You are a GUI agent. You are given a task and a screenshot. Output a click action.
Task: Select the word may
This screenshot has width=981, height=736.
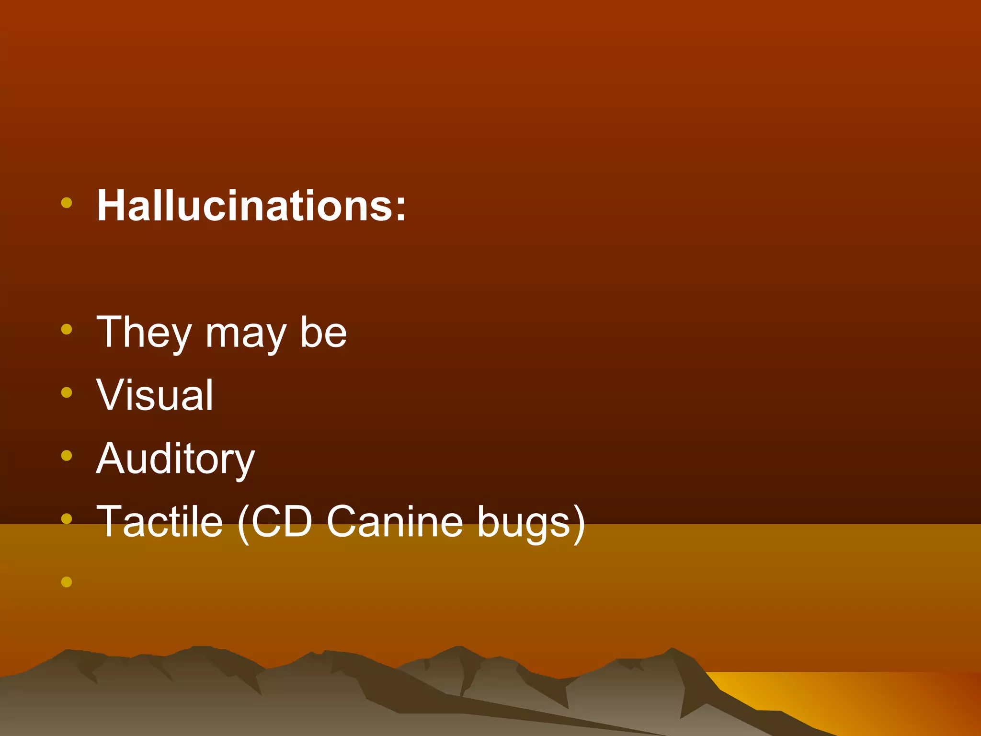245,335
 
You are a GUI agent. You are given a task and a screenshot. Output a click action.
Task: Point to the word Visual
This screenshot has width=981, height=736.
155,395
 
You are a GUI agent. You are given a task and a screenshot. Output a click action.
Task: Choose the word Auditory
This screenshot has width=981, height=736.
175,459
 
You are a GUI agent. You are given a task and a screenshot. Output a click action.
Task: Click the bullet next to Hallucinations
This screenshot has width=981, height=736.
67,203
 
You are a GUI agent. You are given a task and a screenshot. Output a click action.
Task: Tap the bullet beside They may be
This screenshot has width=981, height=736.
67,329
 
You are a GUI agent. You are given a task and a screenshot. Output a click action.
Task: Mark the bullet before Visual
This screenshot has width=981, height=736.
67,392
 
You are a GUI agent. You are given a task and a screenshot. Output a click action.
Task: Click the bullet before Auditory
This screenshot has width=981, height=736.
67,456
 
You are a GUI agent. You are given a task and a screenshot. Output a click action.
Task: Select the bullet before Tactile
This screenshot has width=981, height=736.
67,518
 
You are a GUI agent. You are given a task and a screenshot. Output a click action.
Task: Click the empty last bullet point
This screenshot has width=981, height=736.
67,582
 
